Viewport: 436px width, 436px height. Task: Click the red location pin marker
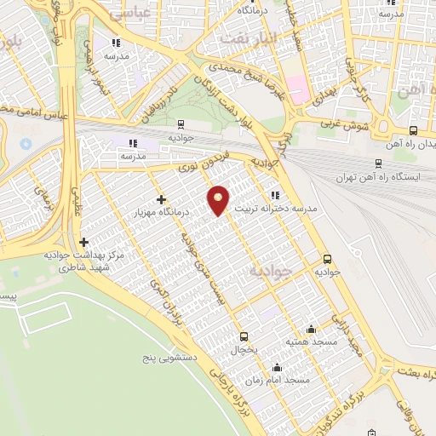pos(220,199)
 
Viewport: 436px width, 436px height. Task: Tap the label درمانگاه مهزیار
pos(161,211)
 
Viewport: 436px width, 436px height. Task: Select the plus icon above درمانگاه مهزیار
pos(161,199)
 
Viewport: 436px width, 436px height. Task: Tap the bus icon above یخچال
pos(244,336)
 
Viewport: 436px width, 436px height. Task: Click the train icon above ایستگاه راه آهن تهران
pos(378,163)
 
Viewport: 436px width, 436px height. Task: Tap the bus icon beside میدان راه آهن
pos(414,130)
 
